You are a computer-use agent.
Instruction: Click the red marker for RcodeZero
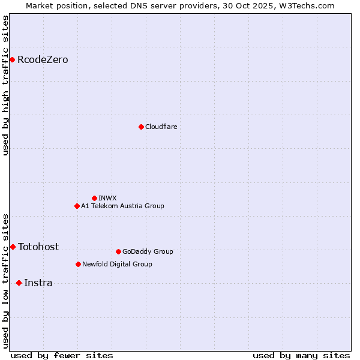(12, 59)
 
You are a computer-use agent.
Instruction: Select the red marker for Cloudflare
(141, 127)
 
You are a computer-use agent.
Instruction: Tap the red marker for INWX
(94, 198)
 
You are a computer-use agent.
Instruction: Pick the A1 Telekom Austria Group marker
(77, 206)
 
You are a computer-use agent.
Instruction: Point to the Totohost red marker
(13, 247)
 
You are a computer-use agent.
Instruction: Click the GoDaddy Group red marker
(118, 251)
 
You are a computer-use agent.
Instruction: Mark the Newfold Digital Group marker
(78, 264)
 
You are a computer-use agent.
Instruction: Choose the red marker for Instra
(19, 283)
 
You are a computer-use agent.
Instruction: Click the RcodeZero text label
(43, 60)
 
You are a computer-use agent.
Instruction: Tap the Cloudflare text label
(161, 127)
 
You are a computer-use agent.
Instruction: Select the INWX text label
(107, 198)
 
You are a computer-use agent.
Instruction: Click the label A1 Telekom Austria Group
(122, 206)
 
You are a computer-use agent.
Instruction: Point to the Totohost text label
(38, 247)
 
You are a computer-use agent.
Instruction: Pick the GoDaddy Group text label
(148, 252)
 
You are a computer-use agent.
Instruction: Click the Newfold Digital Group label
(117, 265)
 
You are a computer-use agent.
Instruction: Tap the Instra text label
(38, 283)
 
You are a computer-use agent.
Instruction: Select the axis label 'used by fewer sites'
(62, 355)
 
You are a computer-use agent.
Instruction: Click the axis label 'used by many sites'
(301, 355)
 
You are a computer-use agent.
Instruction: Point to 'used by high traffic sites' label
(5, 85)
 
